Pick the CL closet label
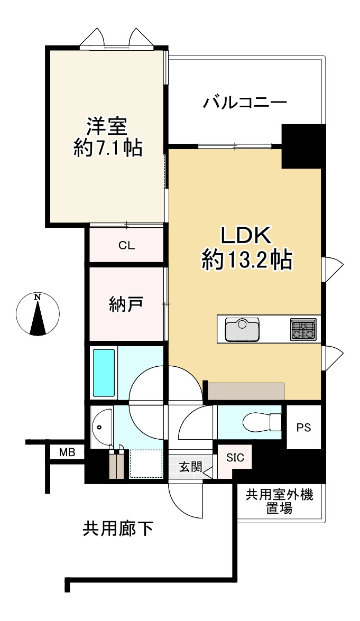click(126, 245)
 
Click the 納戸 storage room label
click(126, 304)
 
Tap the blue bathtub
click(104, 373)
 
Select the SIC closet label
click(235, 458)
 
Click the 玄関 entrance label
click(190, 467)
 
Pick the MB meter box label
click(67, 452)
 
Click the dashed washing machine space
click(146, 464)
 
